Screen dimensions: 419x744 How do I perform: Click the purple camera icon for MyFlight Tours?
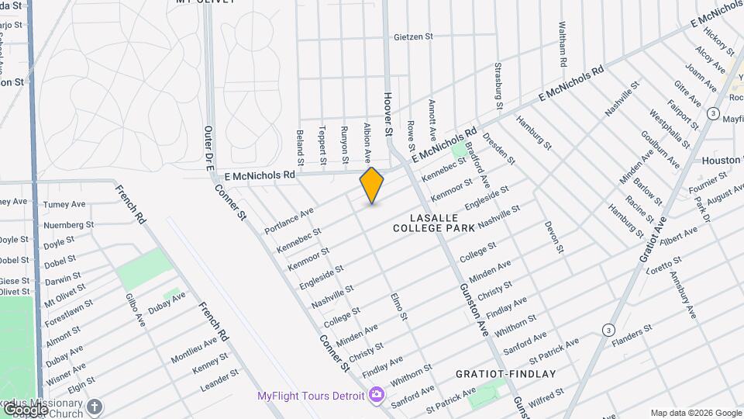pyautogui.click(x=377, y=395)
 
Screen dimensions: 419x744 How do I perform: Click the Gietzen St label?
pyautogui.click(x=413, y=36)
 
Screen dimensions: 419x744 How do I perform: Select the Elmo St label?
pyautogui.click(x=399, y=306)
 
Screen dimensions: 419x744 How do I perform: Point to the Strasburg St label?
pyautogui.click(x=499, y=85)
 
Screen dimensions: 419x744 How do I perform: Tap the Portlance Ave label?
pyautogui.click(x=289, y=220)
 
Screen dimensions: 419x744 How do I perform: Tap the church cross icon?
pyautogui.click(x=95, y=407)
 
